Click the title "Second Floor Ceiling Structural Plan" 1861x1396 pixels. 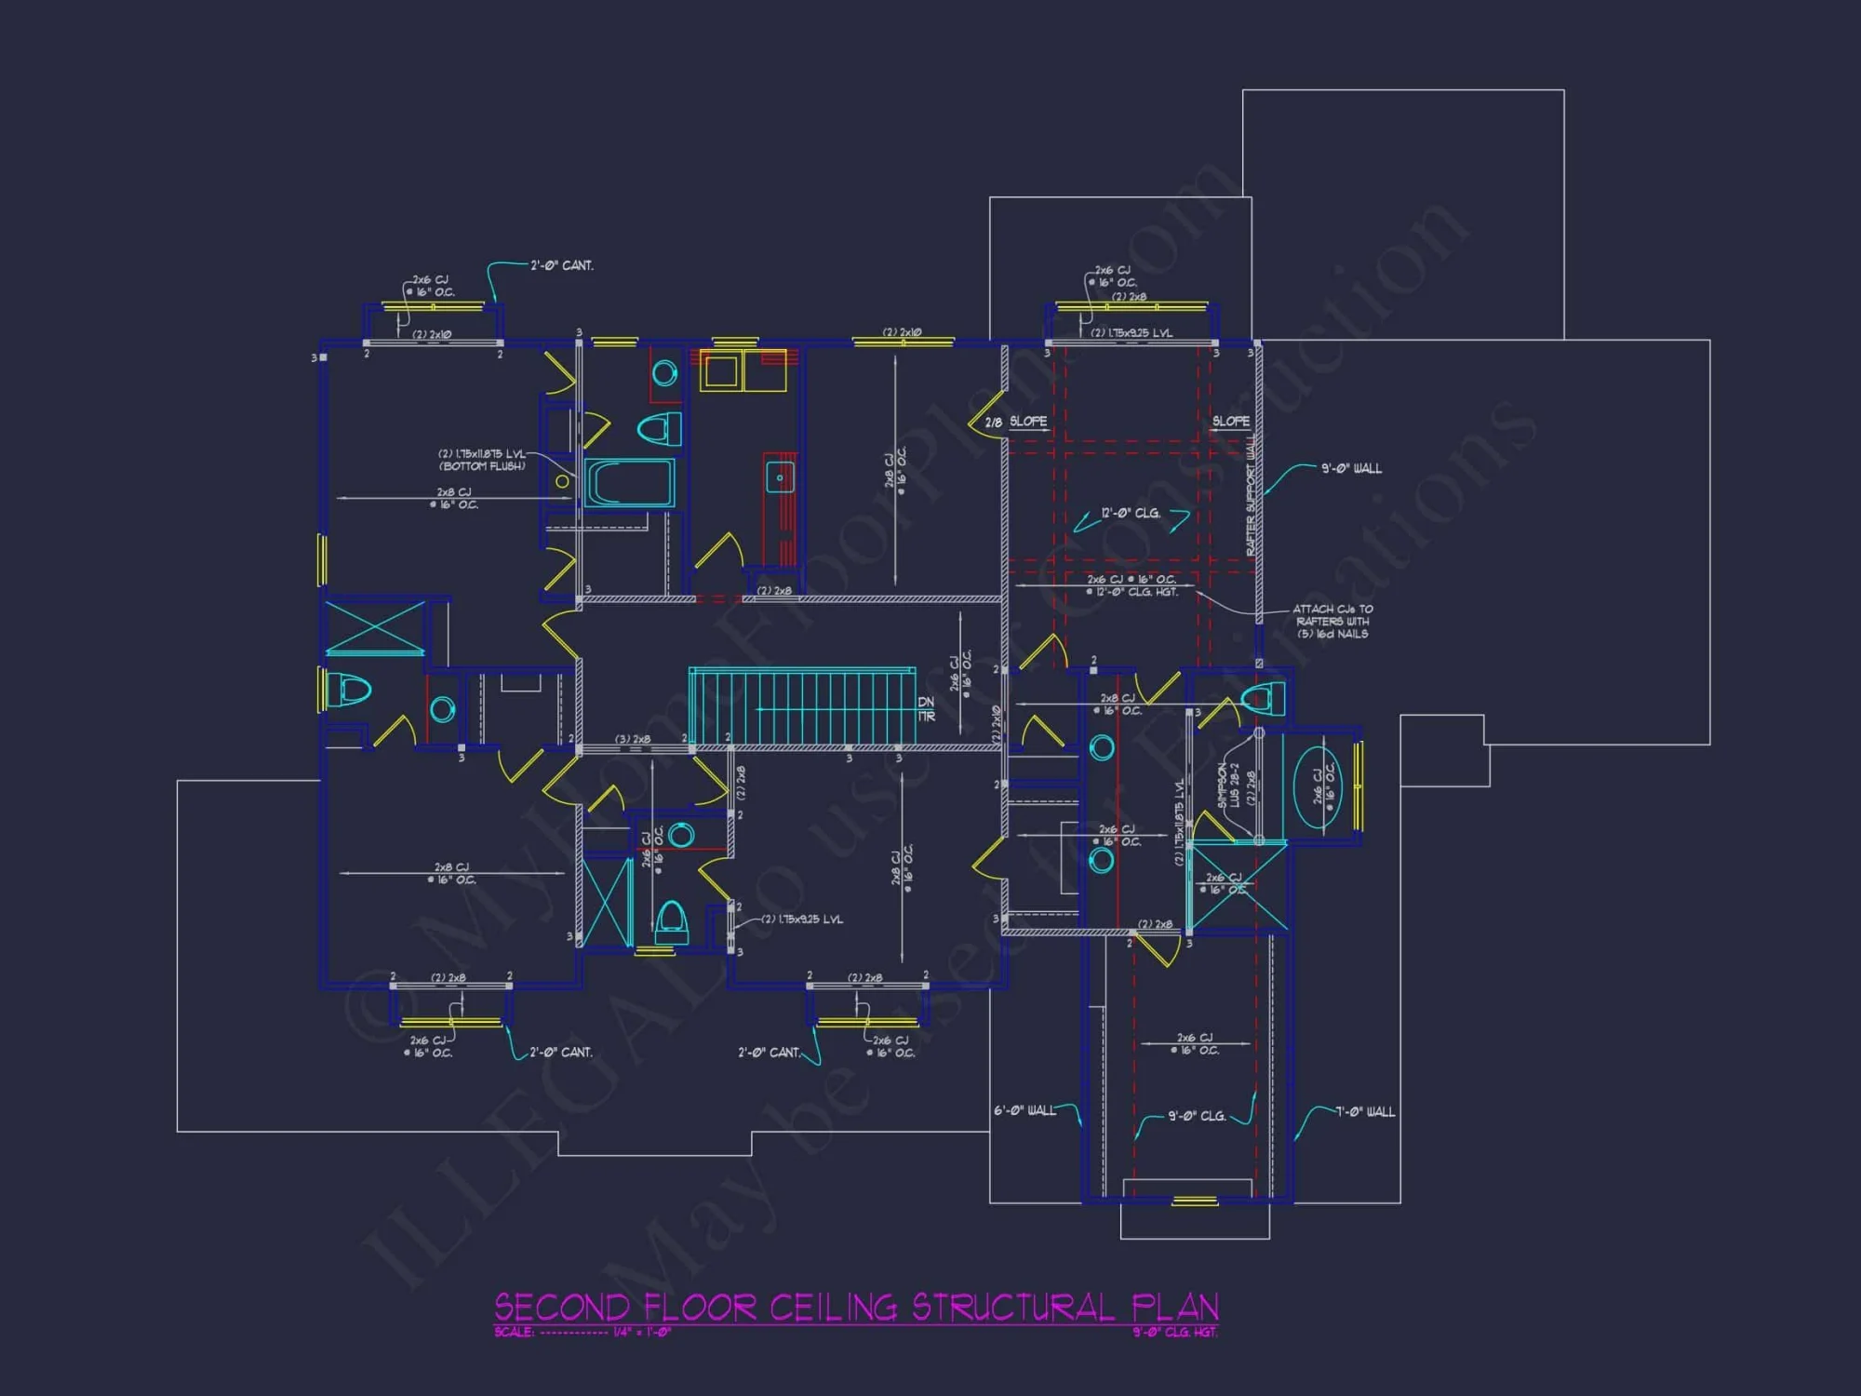pyautogui.click(x=856, y=1307)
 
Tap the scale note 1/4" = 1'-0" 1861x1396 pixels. pyautogui.click(x=641, y=1332)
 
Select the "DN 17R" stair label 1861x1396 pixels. pyautogui.click(x=926, y=709)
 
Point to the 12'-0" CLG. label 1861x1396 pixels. pyautogui.click(x=1131, y=513)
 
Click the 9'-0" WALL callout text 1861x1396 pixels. pyautogui.click(x=1351, y=468)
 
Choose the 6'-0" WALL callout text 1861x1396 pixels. pyautogui.click(x=1024, y=1110)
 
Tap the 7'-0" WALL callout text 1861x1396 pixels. pyautogui.click(x=1365, y=1111)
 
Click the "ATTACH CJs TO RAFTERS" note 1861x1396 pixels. pyautogui.click(x=1332, y=621)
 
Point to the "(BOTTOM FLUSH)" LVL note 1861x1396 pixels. pyautogui.click(x=482, y=466)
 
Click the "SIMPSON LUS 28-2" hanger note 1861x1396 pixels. pyautogui.click(x=1228, y=785)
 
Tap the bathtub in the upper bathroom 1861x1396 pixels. pyautogui.click(x=630, y=482)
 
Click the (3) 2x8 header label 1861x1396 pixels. pyautogui.click(x=633, y=739)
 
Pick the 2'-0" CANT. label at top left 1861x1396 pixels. pyautogui.click(x=561, y=265)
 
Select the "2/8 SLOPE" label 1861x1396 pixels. pyautogui.click(x=1016, y=422)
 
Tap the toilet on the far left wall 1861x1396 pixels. pyautogui.click(x=349, y=690)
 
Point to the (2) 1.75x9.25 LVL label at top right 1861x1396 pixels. pyautogui.click(x=1131, y=332)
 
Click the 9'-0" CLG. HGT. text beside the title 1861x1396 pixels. pyautogui.click(x=1174, y=1332)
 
